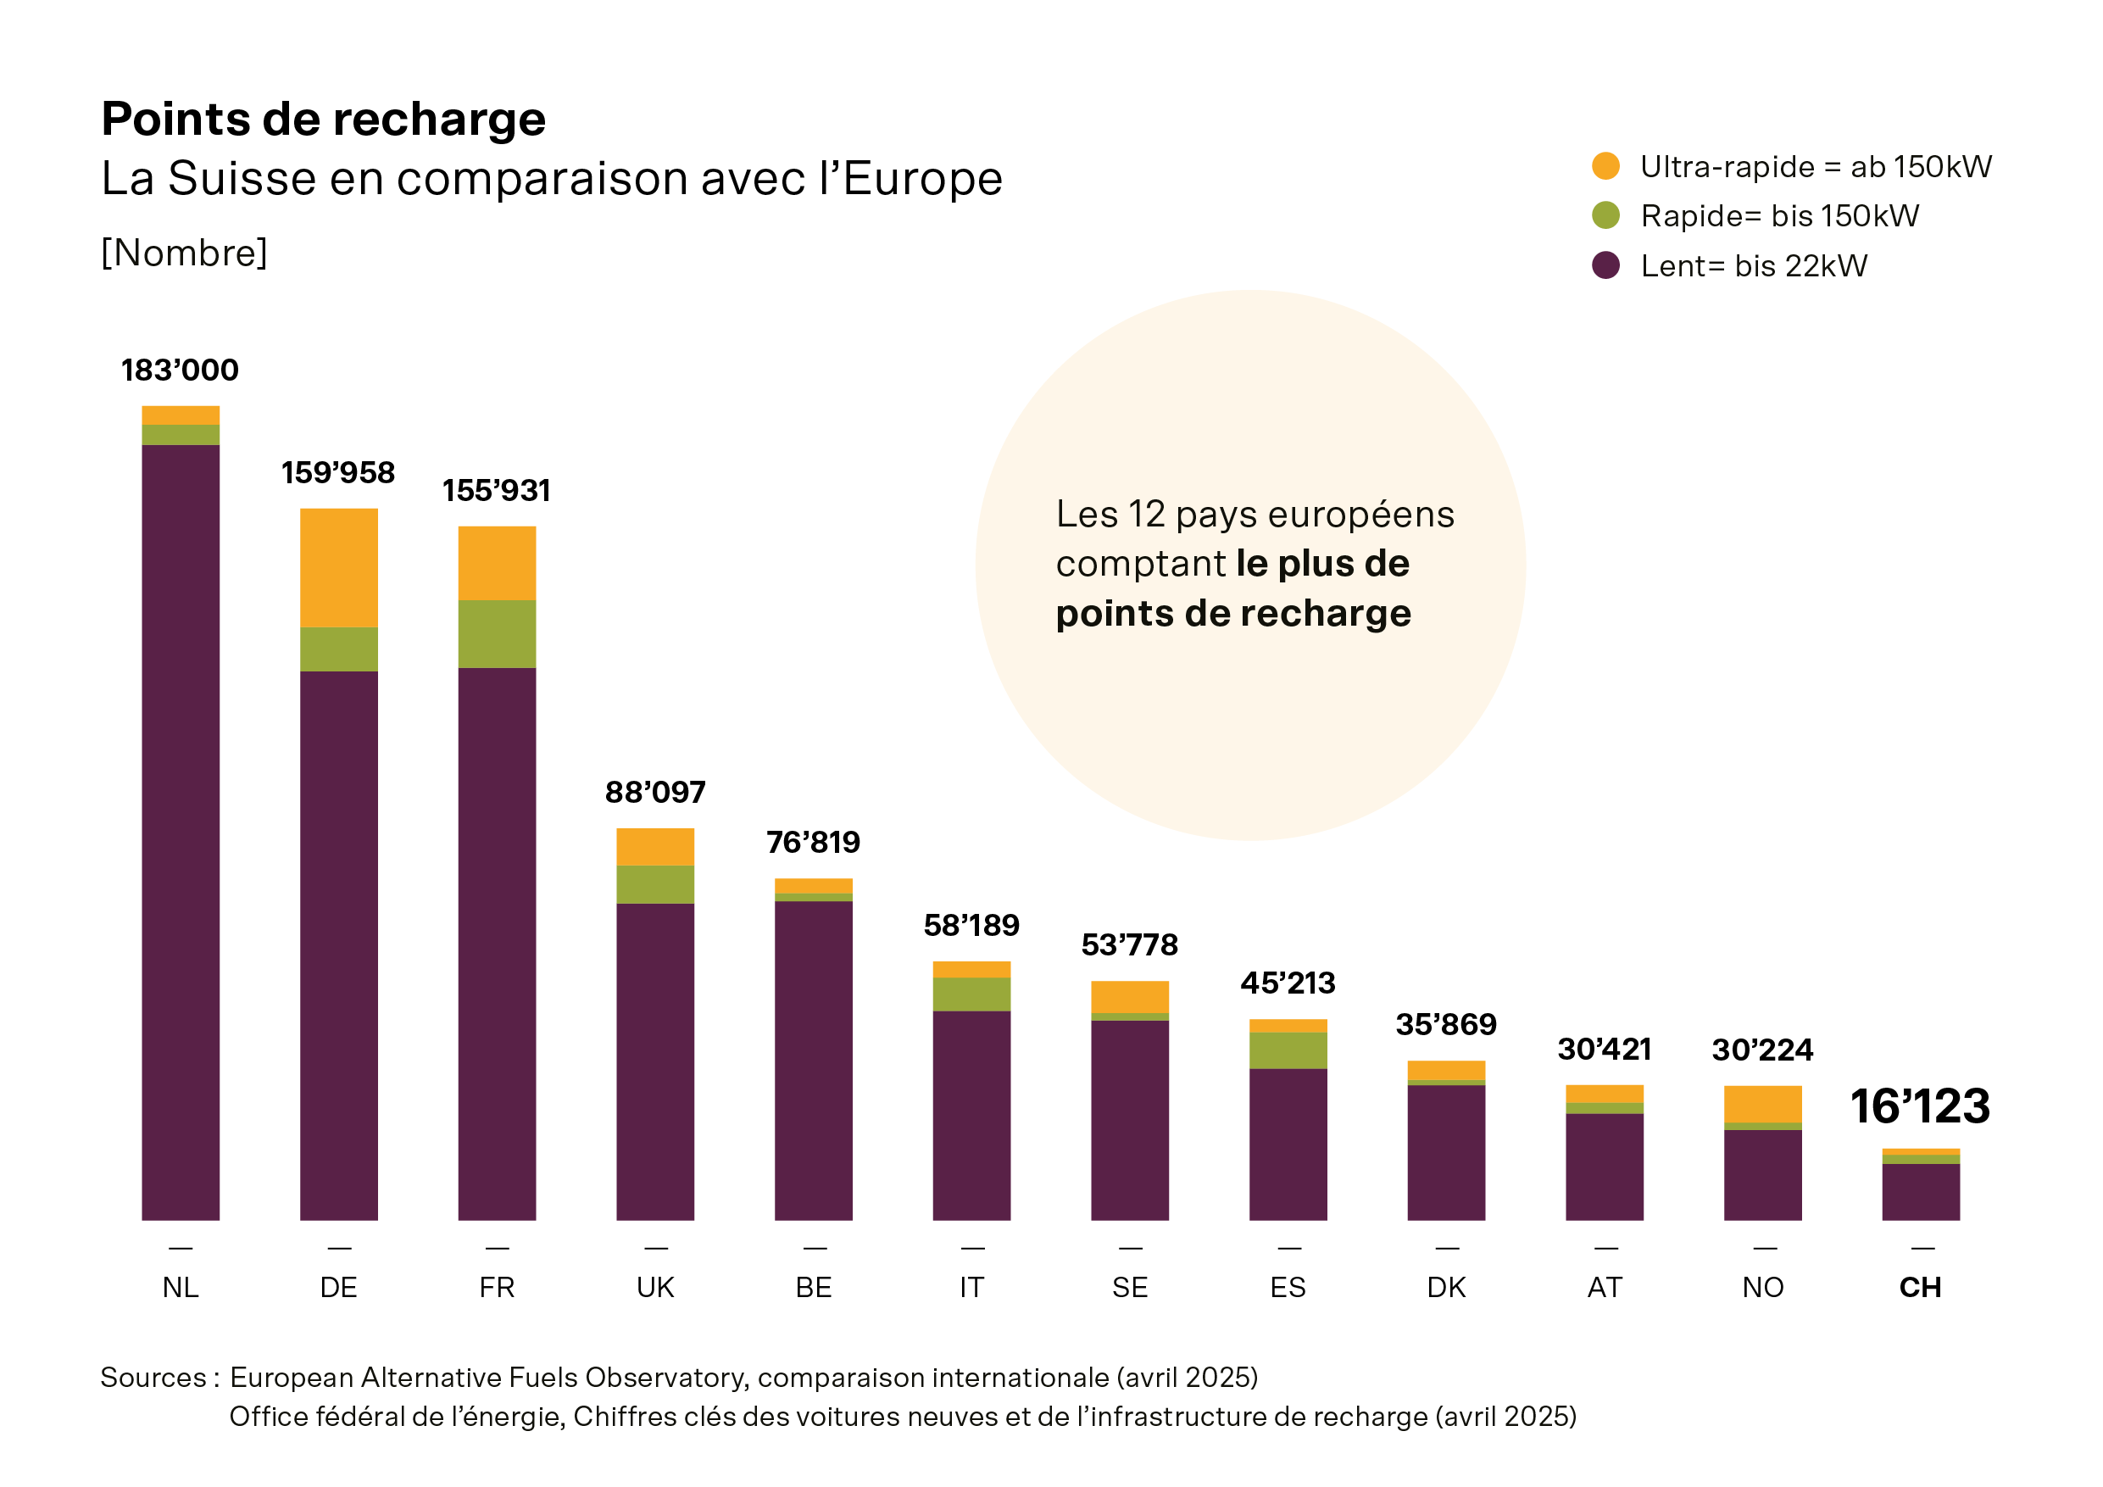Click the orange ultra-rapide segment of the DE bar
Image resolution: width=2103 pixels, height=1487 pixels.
(339, 567)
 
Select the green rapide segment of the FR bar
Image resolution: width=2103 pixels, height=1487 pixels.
(497, 633)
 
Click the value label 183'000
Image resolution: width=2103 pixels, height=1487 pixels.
(180, 370)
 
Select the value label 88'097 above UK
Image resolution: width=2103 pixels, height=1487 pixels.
(655, 792)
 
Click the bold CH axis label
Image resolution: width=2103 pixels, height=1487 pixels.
(1920, 1287)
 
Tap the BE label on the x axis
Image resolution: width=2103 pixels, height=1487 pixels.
(814, 1287)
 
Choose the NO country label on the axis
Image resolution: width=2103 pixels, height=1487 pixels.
(1762, 1287)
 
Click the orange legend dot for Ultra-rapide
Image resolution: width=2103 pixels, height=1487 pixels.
(1605, 166)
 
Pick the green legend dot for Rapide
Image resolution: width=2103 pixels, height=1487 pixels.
(1605, 215)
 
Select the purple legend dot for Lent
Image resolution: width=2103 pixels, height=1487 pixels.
(1605, 265)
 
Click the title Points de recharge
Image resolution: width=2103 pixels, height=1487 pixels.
(323, 119)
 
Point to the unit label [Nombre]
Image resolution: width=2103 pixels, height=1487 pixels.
(184, 253)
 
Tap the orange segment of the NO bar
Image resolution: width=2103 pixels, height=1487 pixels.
(1762, 1103)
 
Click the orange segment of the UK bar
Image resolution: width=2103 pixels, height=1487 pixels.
(655, 847)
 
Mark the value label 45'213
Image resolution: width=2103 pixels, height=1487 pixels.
(1288, 983)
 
